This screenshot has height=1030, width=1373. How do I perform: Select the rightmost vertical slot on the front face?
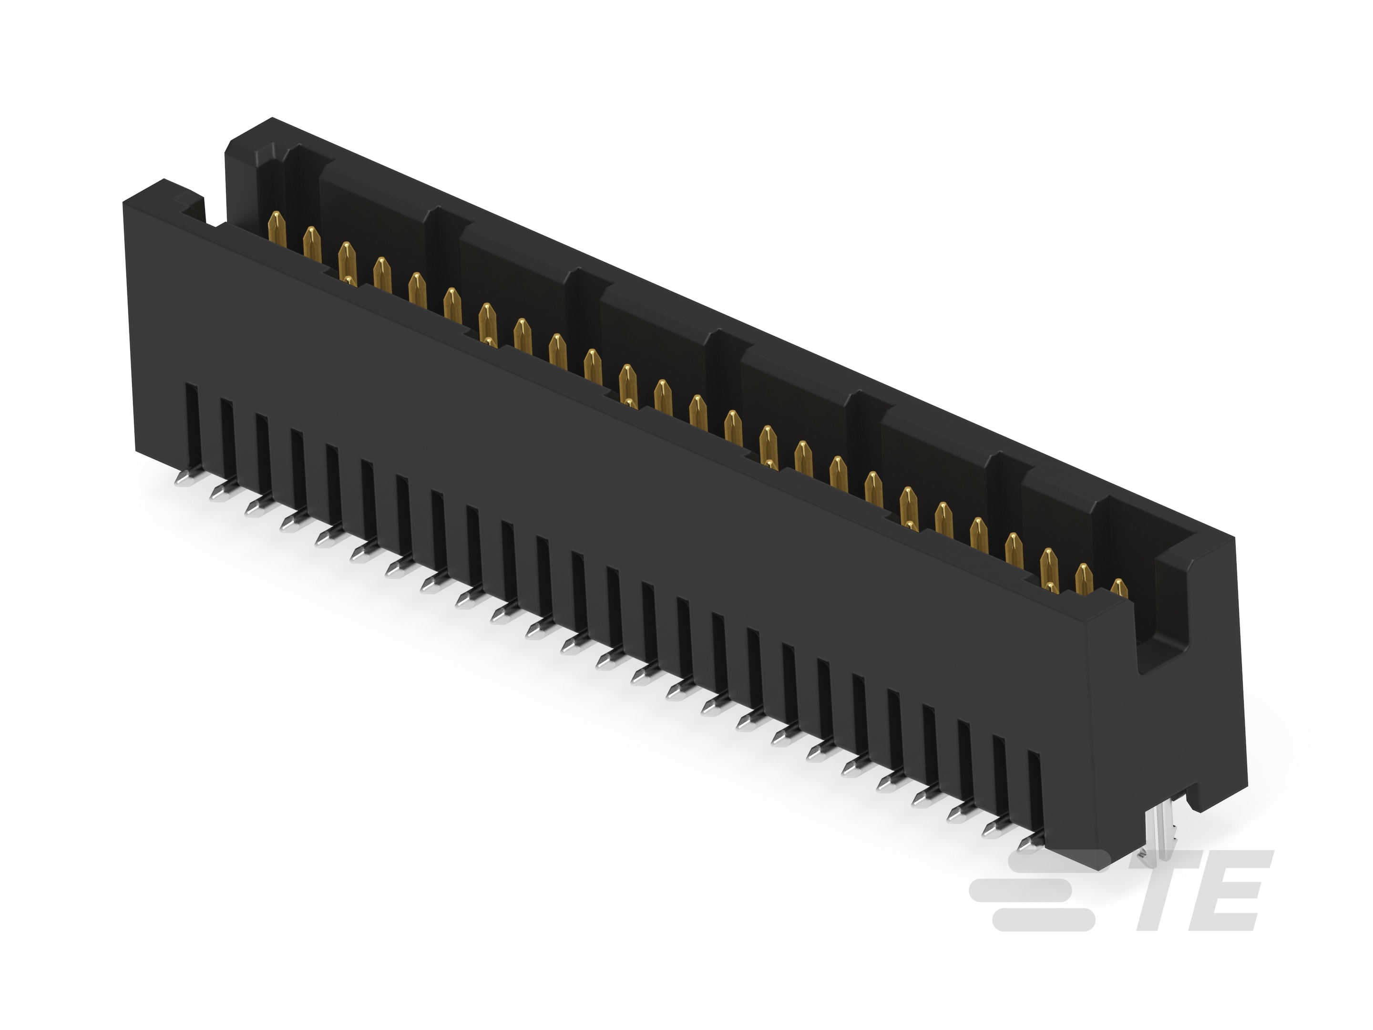click(x=1034, y=789)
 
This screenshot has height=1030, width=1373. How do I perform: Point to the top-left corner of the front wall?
click(x=128, y=197)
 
